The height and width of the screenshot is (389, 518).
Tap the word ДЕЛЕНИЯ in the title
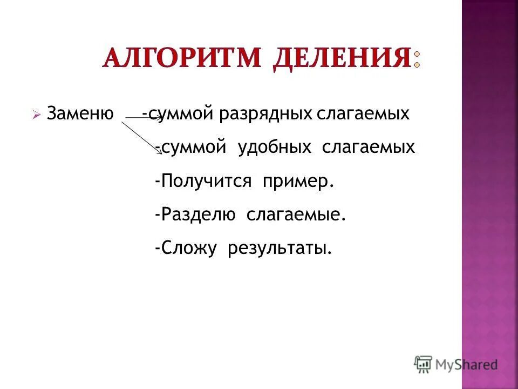pos(342,58)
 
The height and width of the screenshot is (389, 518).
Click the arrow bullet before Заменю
pos(36,115)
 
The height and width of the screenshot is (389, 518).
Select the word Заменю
pos(80,114)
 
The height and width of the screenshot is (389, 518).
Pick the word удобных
pos(275,147)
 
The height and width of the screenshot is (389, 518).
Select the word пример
pos(298,182)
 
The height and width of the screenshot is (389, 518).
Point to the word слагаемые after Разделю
pos(296,215)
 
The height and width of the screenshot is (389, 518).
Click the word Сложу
pos(188,249)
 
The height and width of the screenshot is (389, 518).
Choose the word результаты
pos(279,249)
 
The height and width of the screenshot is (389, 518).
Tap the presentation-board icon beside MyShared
pos(423,364)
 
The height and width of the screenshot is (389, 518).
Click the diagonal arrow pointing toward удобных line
pos(141,138)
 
